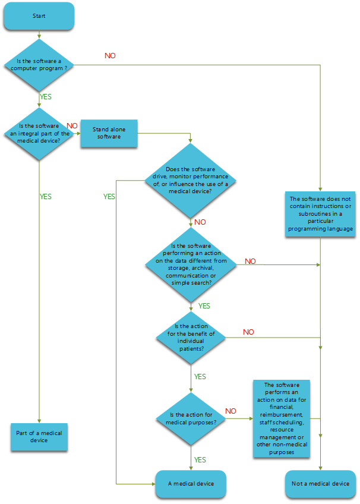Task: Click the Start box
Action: point(39,16)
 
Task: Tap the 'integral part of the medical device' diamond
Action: point(39,133)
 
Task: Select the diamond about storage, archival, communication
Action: point(191,264)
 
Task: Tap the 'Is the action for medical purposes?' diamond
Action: point(191,418)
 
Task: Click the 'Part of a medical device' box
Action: point(39,437)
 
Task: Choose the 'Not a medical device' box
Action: point(320,483)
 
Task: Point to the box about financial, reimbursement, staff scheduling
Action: point(282,419)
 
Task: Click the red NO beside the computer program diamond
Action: point(110,55)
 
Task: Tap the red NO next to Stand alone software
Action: point(71,126)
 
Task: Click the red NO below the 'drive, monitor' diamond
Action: point(200,222)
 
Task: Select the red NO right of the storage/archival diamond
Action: point(250,261)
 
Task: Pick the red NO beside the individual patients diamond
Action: point(248,332)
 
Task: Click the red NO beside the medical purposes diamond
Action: point(230,411)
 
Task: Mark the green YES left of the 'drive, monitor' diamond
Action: point(110,196)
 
